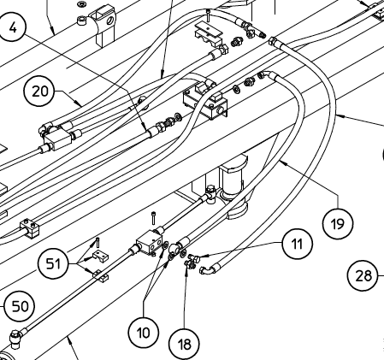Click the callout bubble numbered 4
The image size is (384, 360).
click(x=12, y=27)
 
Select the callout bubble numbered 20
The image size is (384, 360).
click(x=39, y=91)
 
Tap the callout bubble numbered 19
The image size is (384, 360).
click(x=338, y=224)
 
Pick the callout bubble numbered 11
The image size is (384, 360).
click(x=298, y=244)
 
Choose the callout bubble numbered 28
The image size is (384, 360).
click(x=363, y=275)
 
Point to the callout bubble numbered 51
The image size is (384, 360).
click(x=53, y=263)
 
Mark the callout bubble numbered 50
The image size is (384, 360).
click(x=20, y=306)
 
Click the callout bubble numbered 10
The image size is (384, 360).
click(x=143, y=332)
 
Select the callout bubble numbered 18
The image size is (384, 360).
click(x=184, y=344)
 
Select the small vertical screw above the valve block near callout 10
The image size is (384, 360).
click(x=154, y=218)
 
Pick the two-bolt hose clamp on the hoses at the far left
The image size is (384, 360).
click(x=30, y=227)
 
